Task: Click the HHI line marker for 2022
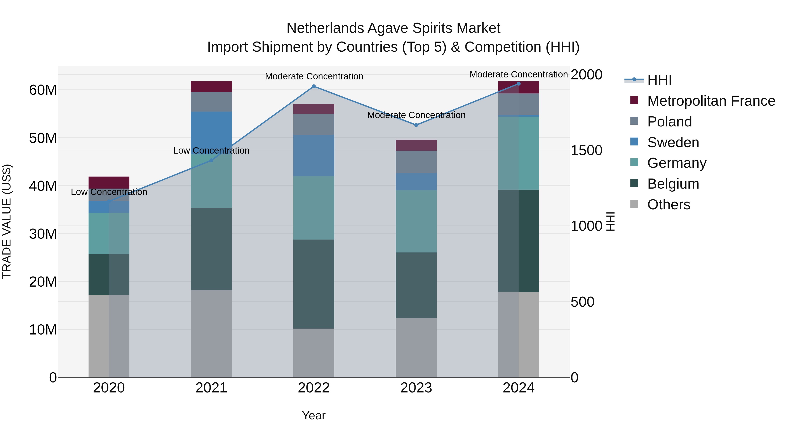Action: (313, 86)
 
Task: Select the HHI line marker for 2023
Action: (416, 125)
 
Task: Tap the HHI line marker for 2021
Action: (211, 161)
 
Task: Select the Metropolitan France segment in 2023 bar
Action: (416, 145)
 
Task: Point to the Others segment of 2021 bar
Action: (211, 333)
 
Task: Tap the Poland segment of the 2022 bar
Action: (313, 124)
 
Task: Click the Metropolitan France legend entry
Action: (711, 101)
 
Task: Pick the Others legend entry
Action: (669, 205)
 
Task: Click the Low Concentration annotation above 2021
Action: (211, 151)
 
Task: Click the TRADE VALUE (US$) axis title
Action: (7, 221)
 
